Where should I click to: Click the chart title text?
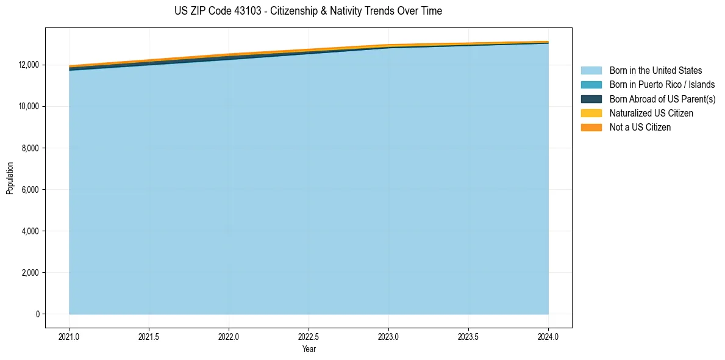pos(308,11)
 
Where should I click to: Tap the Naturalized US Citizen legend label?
pos(651,113)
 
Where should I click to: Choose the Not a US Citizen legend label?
pos(640,128)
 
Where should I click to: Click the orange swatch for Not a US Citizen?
pos(591,128)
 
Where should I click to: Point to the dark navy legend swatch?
pos(591,99)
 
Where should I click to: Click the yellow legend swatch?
pos(591,113)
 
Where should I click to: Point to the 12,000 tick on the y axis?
pos(27,65)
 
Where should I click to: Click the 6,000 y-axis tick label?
pos(29,190)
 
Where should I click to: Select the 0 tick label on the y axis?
pos(37,314)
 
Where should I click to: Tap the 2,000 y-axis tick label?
pos(29,273)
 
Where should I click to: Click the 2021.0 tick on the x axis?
pos(70,337)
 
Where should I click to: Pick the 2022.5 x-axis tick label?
pos(309,337)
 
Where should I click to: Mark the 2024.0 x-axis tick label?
pos(548,337)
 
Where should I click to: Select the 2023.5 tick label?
pos(468,337)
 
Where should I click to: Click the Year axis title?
pos(309,350)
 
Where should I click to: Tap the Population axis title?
pos(10,178)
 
